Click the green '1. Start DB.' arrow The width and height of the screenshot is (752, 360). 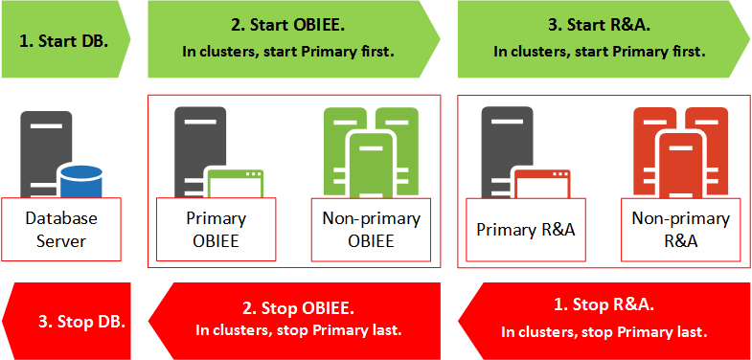[63, 40]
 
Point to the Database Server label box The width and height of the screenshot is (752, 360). [61, 229]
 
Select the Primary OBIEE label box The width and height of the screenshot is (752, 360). [216, 229]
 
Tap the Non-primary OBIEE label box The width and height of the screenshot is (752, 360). [371, 229]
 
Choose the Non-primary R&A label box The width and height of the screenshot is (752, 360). [681, 229]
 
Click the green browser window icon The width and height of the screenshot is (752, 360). [237, 183]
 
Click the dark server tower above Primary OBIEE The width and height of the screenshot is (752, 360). [199, 144]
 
